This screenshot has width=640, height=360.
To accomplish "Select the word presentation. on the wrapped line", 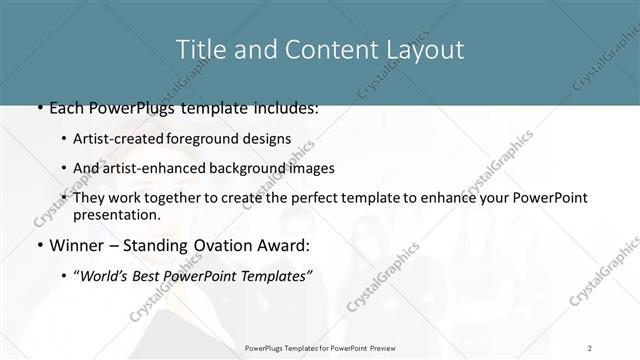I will click(x=116, y=214).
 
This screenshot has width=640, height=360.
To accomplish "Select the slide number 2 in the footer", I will click(x=589, y=348).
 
